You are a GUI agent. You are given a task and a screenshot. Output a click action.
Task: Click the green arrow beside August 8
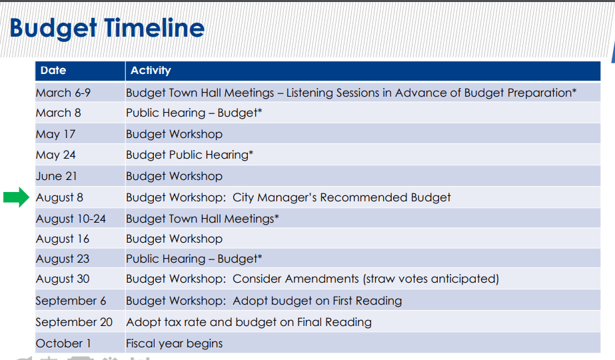[17, 197]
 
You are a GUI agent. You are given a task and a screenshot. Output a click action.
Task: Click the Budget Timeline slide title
[107, 28]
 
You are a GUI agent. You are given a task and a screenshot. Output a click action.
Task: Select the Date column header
[53, 70]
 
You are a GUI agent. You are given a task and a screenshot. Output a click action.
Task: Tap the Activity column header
[151, 71]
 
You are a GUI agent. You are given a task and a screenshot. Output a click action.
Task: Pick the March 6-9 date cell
[63, 93]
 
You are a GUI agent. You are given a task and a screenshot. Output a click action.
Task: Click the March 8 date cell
[59, 113]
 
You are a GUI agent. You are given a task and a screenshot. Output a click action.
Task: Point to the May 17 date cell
[56, 134]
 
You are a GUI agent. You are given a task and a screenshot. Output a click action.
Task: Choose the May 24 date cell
[56, 155]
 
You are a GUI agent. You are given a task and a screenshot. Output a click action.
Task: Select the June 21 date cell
[57, 176]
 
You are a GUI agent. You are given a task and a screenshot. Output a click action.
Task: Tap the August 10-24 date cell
[71, 219]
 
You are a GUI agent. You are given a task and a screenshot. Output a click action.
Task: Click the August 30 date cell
[63, 279]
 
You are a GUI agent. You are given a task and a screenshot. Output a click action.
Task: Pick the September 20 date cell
[74, 322]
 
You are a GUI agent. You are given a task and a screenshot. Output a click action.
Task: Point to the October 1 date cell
[63, 343]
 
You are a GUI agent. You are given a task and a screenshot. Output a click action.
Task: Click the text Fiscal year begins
[174, 343]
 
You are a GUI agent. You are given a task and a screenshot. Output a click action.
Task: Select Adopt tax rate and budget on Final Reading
[249, 322]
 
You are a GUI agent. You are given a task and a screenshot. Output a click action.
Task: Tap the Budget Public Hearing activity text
[189, 155]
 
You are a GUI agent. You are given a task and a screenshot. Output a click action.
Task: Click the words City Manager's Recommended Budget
[342, 197]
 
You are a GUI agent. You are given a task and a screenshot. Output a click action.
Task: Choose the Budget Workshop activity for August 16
[174, 239]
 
